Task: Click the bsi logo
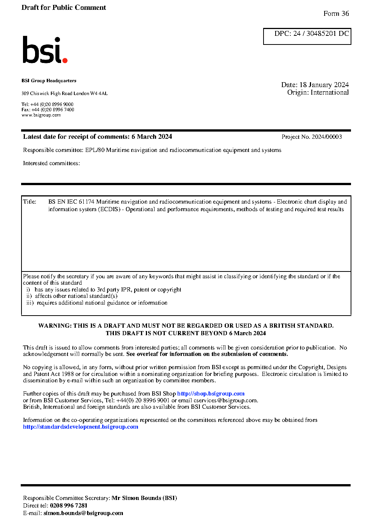[44, 50]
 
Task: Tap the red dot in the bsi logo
[65, 60]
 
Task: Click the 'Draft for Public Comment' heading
[64, 8]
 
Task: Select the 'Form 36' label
[336, 14]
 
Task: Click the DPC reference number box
[307, 36]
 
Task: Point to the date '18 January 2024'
[324, 85]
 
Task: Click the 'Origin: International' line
[318, 92]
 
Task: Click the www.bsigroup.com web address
[41, 115]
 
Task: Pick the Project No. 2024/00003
[311, 137]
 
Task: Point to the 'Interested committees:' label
[51, 163]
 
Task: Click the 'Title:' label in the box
[30, 202]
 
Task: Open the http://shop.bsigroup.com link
[211, 394]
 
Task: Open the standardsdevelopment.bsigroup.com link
[80, 427]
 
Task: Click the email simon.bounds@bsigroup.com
[83, 513]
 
